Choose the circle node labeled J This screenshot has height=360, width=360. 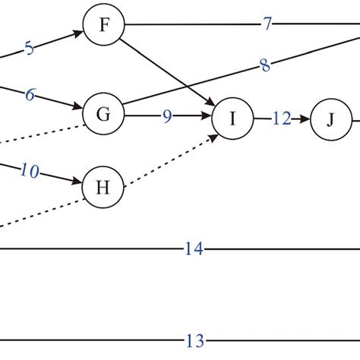click(330, 119)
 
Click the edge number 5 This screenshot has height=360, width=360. click(29, 49)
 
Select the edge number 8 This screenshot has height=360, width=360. click(264, 66)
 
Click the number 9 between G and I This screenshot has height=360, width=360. click(166, 118)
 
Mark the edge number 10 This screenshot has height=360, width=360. click(30, 172)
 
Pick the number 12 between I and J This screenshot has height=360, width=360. click(279, 118)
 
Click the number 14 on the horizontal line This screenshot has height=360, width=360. click(193, 248)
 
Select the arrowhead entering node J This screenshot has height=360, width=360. click(306, 119)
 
